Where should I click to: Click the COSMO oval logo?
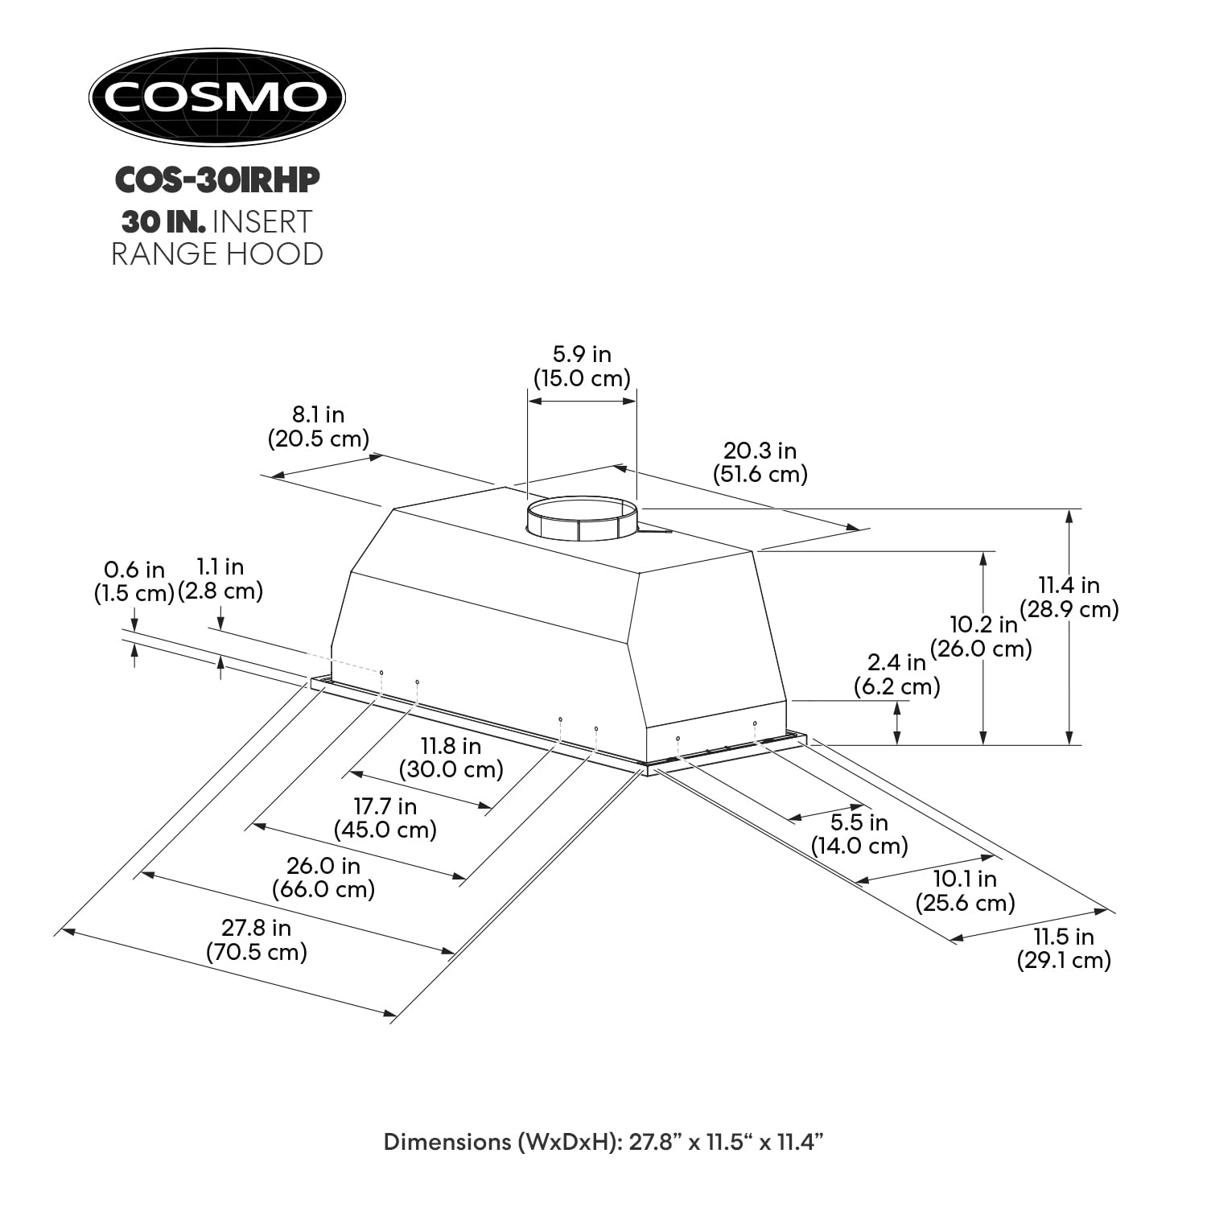tap(216, 97)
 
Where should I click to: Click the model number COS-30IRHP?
tap(217, 180)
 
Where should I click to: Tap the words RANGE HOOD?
tap(217, 253)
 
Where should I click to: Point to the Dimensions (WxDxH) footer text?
tap(603, 1142)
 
